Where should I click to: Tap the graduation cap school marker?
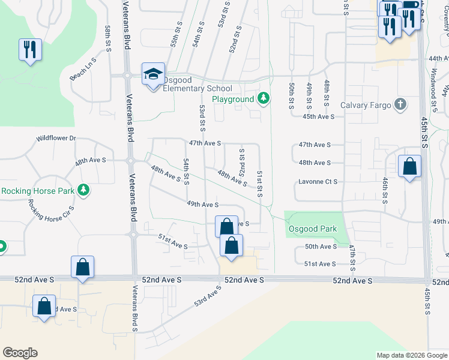[x=152, y=74]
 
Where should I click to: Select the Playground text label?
[x=233, y=99]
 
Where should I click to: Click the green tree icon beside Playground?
[x=263, y=98]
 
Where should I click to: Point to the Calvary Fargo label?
[x=365, y=105]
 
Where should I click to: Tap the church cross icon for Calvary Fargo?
[x=400, y=105]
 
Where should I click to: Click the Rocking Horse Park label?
[x=37, y=191]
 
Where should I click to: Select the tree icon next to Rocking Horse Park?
[x=83, y=190]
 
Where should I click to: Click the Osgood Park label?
[x=313, y=229]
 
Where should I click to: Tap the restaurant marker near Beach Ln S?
[x=30, y=50]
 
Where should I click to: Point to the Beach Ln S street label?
[x=83, y=70]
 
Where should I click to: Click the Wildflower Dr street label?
[x=56, y=138]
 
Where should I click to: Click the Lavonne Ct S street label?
[x=318, y=181]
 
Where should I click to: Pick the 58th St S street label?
[x=108, y=38]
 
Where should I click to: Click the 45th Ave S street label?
[x=318, y=116]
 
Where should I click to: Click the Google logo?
[x=20, y=353]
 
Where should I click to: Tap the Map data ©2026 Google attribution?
[x=412, y=355]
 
